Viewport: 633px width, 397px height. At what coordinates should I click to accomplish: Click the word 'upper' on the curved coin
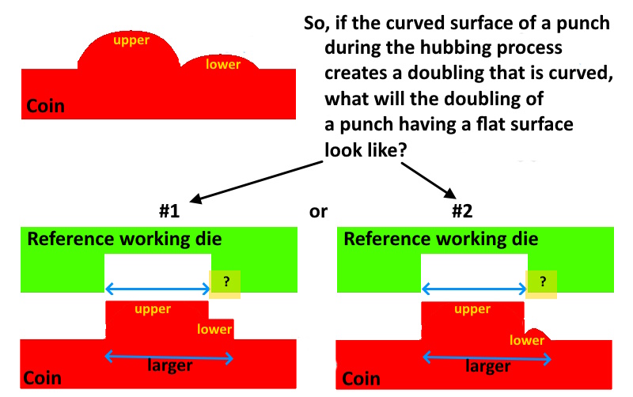(x=131, y=40)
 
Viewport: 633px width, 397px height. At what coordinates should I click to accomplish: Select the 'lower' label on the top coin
(x=223, y=64)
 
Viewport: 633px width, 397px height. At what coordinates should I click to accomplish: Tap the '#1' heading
(x=169, y=210)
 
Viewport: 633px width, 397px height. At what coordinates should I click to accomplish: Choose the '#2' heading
(x=462, y=210)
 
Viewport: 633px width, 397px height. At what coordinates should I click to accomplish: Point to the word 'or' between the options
(x=318, y=212)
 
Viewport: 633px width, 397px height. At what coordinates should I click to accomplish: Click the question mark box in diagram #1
(x=225, y=285)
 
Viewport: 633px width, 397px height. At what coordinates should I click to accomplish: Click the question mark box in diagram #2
(x=541, y=285)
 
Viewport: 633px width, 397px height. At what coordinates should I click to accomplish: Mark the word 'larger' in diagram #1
(x=170, y=365)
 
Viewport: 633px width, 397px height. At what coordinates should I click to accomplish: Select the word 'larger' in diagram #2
(x=487, y=366)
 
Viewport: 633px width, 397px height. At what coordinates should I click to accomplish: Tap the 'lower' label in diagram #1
(x=214, y=329)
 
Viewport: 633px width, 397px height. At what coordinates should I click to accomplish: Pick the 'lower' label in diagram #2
(x=527, y=340)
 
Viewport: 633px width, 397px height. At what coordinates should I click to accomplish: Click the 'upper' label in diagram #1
(x=153, y=309)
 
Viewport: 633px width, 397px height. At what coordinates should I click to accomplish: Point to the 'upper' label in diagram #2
(x=472, y=309)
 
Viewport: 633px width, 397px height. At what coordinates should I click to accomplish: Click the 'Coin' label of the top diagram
(x=45, y=106)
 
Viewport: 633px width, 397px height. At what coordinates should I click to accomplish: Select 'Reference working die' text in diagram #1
(x=124, y=239)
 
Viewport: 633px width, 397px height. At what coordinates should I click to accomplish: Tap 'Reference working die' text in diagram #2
(x=441, y=239)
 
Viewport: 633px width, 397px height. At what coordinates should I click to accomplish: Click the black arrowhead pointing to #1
(x=195, y=198)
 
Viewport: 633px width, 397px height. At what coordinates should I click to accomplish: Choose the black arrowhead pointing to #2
(x=450, y=193)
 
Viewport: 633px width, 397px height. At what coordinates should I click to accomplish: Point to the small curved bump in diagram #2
(x=537, y=333)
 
